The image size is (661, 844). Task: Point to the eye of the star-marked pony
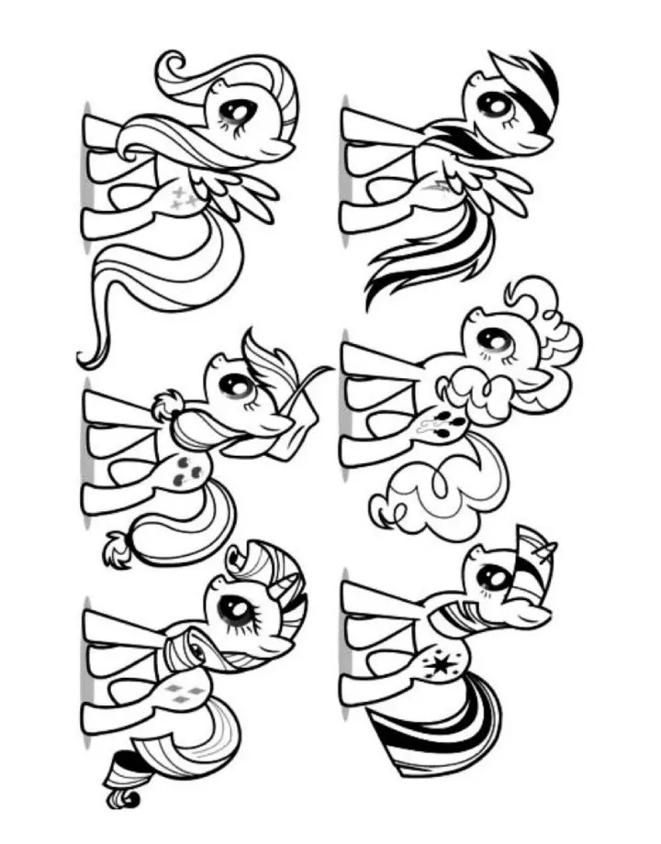click(x=493, y=576)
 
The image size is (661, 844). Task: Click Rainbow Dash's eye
click(x=494, y=105)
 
